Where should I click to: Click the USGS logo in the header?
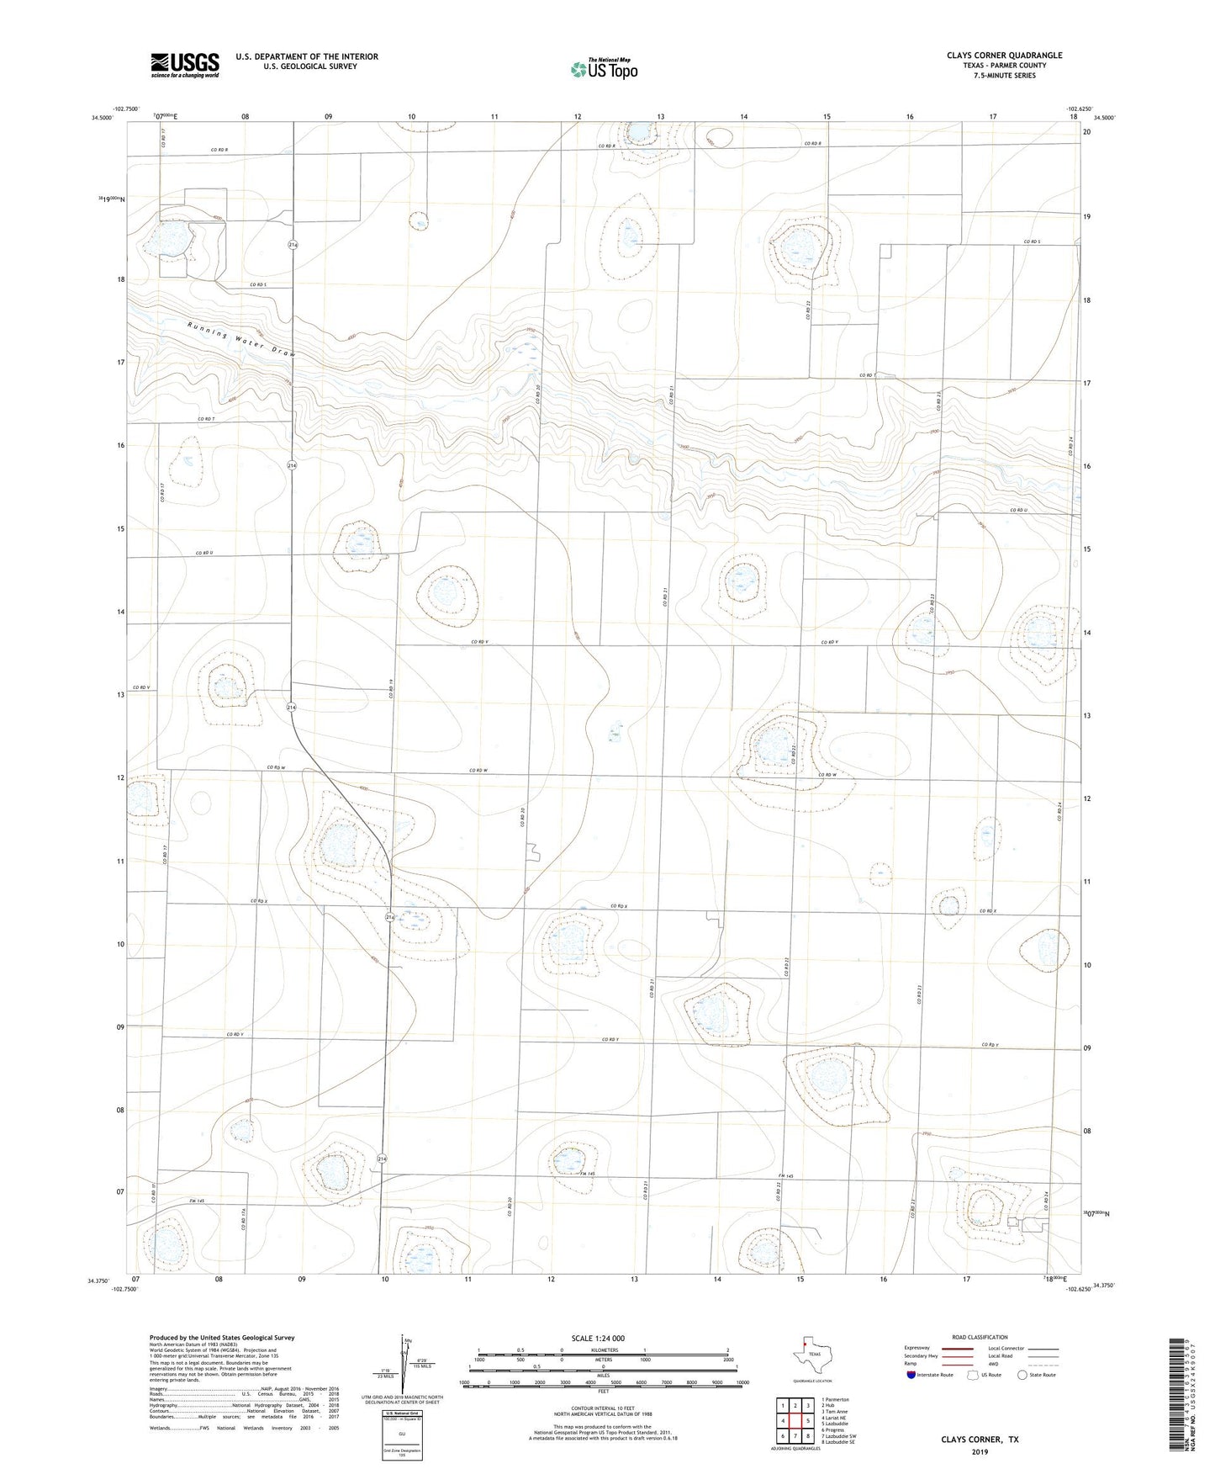click(185, 65)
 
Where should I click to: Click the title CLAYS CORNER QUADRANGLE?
click(1004, 56)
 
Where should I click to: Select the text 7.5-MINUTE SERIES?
click(1004, 76)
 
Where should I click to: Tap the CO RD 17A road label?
click(243, 1217)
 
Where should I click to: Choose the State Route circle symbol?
click(1022, 1375)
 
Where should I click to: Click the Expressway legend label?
click(917, 1348)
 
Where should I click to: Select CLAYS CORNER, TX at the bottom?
click(980, 1440)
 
